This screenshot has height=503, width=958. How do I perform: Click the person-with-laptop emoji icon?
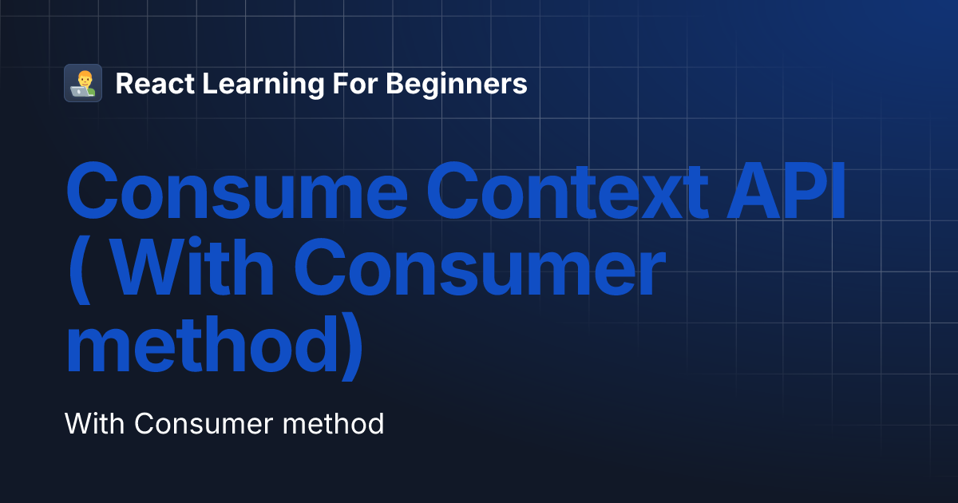point(83,83)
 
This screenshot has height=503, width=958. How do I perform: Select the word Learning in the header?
point(259,85)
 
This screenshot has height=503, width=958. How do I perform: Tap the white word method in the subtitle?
point(334,423)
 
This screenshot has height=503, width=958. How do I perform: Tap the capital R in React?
point(124,83)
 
